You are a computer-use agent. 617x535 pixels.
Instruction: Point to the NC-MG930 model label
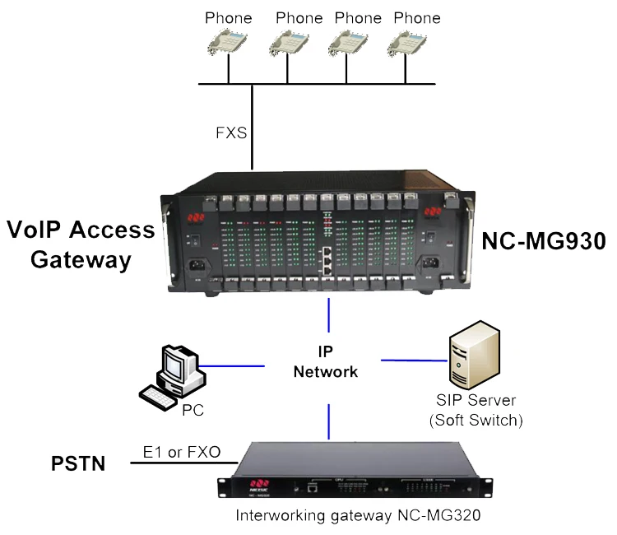tap(543, 241)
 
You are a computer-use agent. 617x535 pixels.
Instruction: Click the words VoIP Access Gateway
tap(81, 244)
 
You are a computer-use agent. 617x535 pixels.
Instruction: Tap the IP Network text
tap(327, 362)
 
